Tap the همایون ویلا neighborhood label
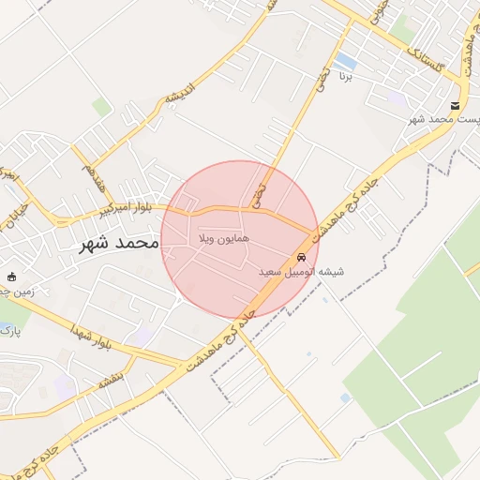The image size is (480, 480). [223, 241]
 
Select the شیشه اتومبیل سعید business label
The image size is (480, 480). [301, 272]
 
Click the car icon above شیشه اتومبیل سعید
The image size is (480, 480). [301, 257]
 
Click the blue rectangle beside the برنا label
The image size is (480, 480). [345, 63]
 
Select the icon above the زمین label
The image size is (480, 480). [12, 277]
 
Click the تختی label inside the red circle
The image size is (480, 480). [260, 194]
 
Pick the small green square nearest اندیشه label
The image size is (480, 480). [101, 108]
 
